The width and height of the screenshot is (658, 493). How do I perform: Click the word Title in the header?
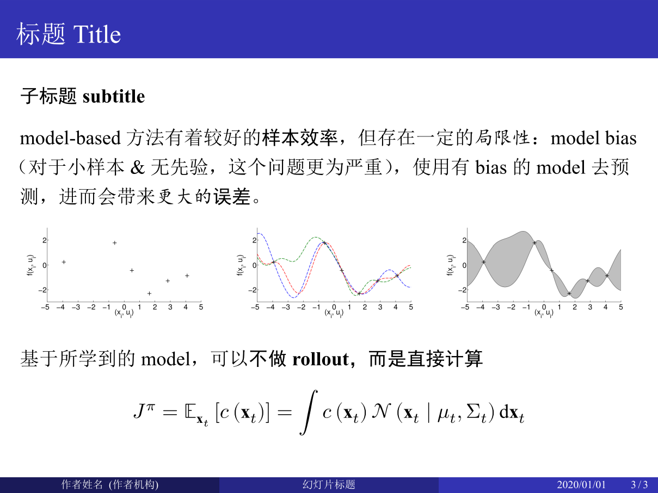pos(97,34)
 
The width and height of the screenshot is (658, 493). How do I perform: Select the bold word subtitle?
pos(114,96)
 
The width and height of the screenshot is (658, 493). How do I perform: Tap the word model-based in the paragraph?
pos(70,138)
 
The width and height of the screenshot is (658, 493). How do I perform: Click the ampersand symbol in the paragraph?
pos(137,167)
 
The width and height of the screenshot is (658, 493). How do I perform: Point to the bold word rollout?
pos(321,359)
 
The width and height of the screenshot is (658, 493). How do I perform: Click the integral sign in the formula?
pos(309,412)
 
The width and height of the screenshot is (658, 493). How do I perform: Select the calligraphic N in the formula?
pos(382,411)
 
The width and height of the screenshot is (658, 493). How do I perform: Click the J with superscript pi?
pos(144,410)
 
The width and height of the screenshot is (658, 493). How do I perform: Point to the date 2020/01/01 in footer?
pos(581,485)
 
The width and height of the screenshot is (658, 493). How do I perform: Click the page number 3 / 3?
pos(639,485)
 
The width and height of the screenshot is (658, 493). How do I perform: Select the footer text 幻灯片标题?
pos(329,485)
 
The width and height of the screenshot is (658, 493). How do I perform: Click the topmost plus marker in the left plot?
pos(114,243)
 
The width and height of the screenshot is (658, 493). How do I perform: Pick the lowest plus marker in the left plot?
pos(149,294)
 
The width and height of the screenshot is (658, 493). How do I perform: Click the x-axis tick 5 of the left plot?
pos(201,307)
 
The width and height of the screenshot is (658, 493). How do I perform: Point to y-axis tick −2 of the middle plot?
pos(252,290)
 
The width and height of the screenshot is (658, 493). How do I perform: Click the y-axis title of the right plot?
pos(450,265)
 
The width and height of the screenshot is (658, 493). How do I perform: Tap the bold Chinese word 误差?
pos(232,197)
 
